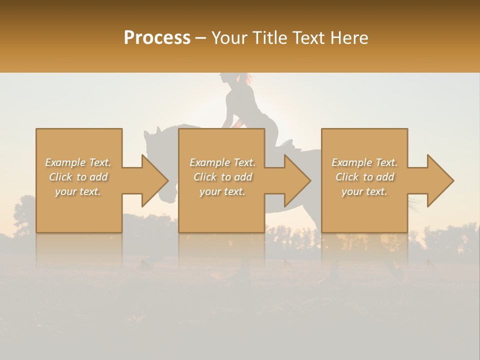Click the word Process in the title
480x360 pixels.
coord(157,38)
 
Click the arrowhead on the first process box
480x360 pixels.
coord(155,180)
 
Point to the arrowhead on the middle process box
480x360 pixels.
coord(298,180)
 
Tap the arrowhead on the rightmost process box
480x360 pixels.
coord(440,180)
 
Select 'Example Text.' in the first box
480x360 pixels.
coord(78,162)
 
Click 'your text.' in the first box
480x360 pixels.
coord(78,191)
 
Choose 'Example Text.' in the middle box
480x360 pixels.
coord(222,162)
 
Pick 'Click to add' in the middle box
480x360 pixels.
coord(222,177)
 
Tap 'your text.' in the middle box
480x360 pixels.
coord(222,191)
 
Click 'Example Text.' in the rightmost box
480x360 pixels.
coord(364,162)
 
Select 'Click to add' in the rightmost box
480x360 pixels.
coord(364,177)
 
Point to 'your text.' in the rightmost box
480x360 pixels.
coord(364,191)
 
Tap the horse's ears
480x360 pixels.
coord(152,131)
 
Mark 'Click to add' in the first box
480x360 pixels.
coord(78,177)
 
